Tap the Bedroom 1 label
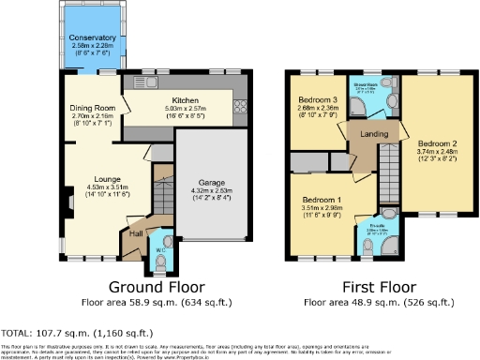point(322,200)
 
